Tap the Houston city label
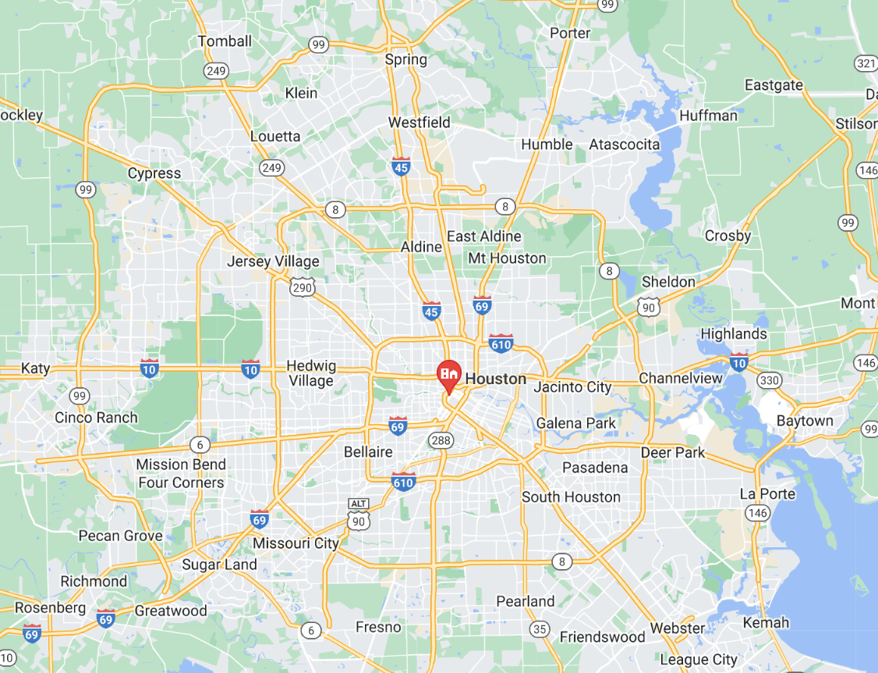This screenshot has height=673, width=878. (495, 379)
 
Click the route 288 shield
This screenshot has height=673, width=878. (440, 441)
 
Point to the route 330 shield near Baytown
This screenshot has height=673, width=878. (769, 380)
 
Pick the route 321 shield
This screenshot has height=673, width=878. (865, 63)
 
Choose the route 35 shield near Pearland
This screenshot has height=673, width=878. (540, 628)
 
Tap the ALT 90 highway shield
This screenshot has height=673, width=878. (358, 516)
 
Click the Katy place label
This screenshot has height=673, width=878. (35, 368)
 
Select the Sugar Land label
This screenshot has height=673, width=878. (219, 564)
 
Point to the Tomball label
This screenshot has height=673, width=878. (225, 41)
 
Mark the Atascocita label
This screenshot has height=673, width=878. (624, 144)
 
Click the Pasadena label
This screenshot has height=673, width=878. (595, 468)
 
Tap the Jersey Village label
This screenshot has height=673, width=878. (273, 262)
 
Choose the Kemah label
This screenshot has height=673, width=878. (766, 622)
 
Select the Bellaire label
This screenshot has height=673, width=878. (368, 452)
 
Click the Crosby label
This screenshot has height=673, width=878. (728, 236)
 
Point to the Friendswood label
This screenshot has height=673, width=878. (602, 637)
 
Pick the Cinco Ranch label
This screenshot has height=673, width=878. (96, 418)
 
